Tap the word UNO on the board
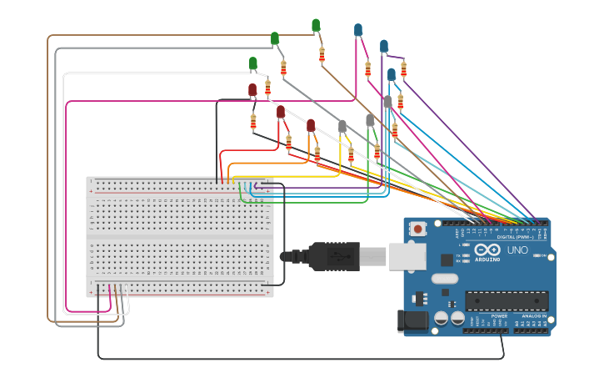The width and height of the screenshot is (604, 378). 517,249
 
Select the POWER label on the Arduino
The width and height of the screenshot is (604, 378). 499,317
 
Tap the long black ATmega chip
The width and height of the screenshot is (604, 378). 507,300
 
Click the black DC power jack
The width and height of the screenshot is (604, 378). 412,320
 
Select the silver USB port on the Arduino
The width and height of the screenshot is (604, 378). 407,256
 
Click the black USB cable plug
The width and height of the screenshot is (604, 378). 333,256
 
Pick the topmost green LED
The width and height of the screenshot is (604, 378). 316,26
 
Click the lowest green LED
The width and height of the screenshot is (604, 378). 253,63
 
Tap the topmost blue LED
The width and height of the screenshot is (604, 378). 358,30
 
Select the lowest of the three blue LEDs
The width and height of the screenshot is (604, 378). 392,74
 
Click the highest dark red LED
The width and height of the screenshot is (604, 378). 252,89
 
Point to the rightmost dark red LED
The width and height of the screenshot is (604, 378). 311,125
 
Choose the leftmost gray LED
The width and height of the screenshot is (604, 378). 342,126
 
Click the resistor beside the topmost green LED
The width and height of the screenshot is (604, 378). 322,55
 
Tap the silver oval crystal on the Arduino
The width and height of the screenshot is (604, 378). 444,279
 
